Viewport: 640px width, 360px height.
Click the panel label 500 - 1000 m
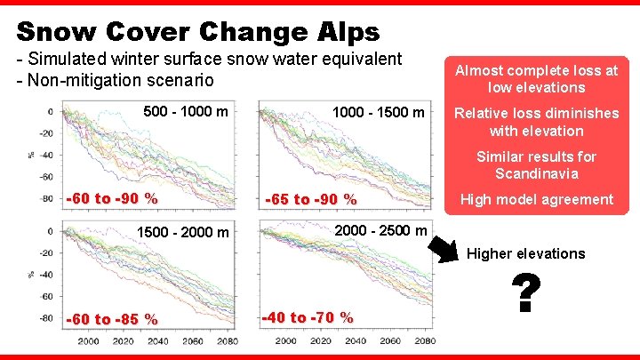pos(186,112)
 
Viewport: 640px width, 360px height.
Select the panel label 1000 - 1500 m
pos(378,112)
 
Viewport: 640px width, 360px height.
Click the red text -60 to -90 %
pos(111,198)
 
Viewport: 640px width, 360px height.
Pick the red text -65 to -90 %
pos(311,199)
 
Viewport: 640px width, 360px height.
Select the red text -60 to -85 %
pos(111,318)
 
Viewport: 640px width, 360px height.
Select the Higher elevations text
pos(526,253)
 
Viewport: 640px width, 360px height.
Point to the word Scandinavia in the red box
pos(536,173)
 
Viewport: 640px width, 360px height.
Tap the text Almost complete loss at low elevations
pos(536,78)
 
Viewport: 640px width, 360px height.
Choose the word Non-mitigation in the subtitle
pos(89,81)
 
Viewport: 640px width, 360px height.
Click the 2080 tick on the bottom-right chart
pos(424,341)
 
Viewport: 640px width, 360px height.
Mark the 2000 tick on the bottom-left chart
pos(89,341)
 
